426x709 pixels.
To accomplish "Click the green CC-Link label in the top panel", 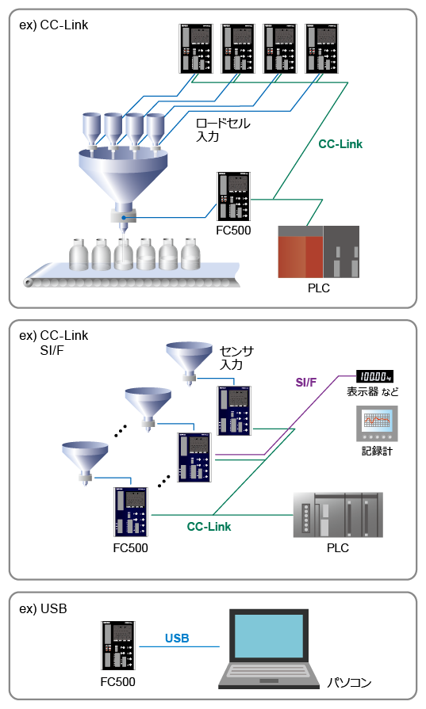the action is [x=340, y=144].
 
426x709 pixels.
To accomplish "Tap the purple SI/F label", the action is [x=305, y=382].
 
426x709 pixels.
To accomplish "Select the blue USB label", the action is [x=177, y=638].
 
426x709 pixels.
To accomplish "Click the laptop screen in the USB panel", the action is [x=269, y=636].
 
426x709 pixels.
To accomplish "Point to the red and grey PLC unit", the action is [x=319, y=252].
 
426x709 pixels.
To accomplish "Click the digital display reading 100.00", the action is [x=374, y=376].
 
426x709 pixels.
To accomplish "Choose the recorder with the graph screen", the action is [x=377, y=423].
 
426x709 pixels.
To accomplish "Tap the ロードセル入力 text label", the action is [x=223, y=130].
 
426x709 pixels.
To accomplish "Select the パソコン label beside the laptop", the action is [x=349, y=682].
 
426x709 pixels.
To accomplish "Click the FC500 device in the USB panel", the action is [x=117, y=646].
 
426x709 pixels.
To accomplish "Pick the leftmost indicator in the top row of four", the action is [x=196, y=48].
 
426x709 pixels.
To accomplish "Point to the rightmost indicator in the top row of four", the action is [x=322, y=48].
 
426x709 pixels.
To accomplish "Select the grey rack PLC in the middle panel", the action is [x=338, y=515].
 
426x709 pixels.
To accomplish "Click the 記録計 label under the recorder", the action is [x=377, y=451].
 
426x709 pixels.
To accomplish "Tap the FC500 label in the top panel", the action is [x=233, y=231].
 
